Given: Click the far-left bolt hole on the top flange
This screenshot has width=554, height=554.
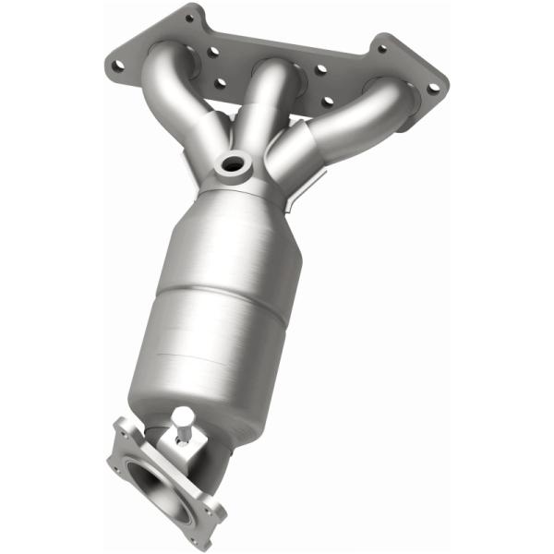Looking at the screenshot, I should [x=116, y=66].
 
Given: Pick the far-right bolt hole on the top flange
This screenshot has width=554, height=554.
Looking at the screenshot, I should [x=434, y=87].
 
